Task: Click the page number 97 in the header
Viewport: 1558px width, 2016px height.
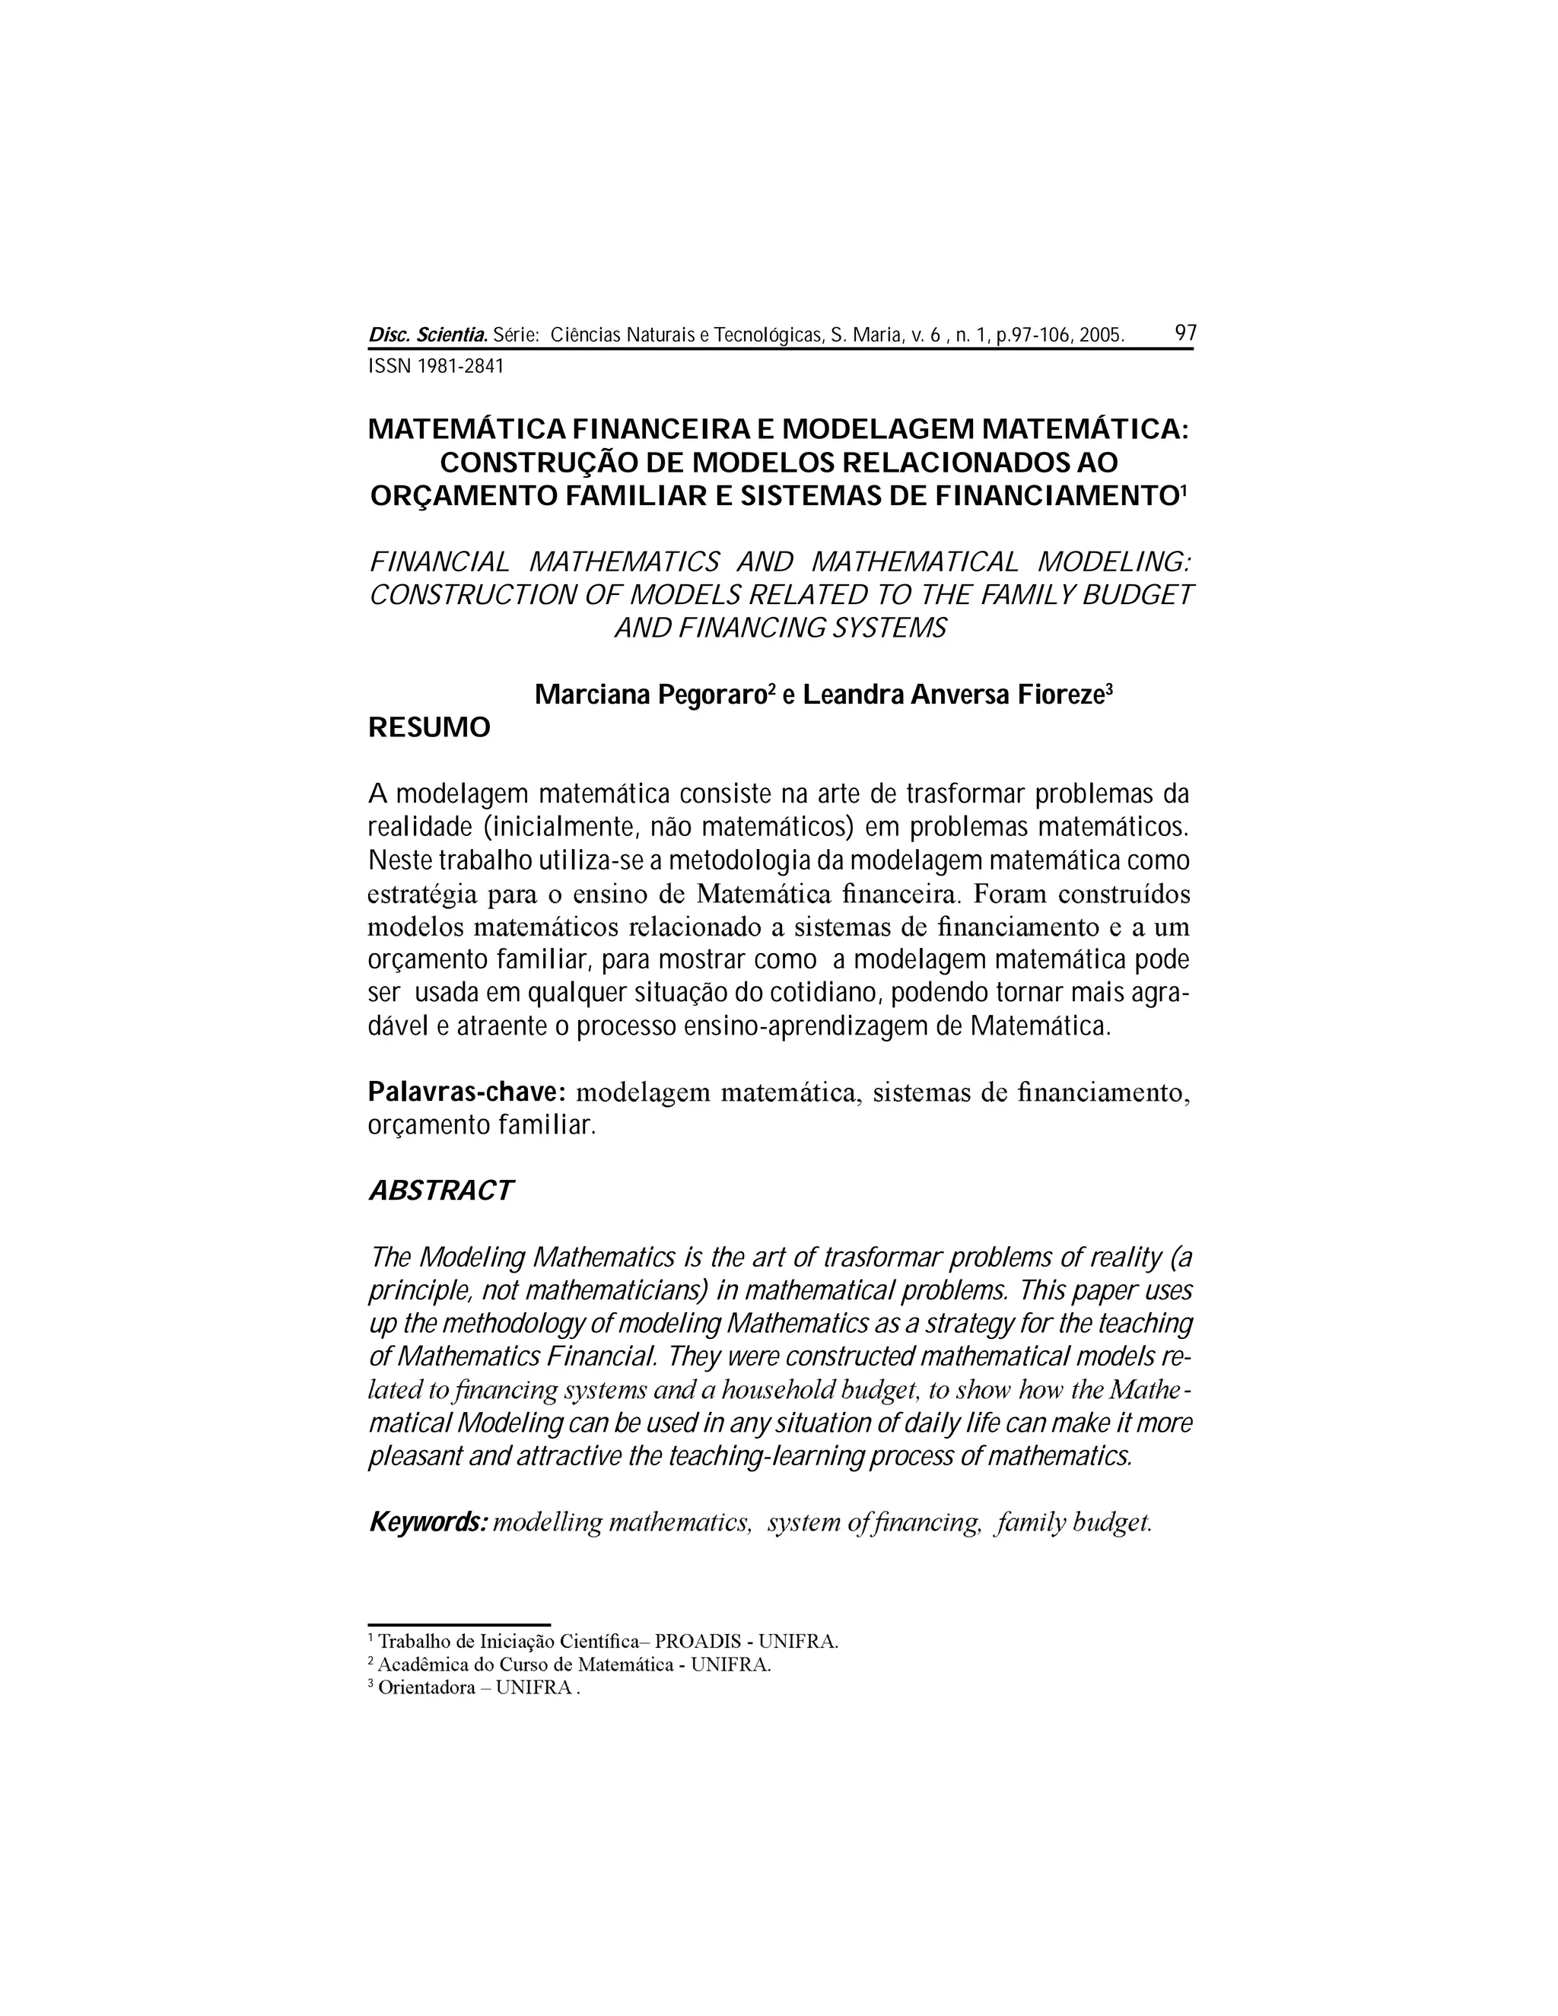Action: (x=1185, y=333)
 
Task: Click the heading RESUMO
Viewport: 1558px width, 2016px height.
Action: (x=429, y=728)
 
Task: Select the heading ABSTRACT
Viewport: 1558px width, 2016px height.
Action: (x=440, y=1191)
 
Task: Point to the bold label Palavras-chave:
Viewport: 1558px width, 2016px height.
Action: (x=466, y=1092)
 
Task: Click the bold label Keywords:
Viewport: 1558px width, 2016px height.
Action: (x=428, y=1522)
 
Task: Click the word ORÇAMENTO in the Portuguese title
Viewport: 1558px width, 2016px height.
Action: (x=463, y=497)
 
